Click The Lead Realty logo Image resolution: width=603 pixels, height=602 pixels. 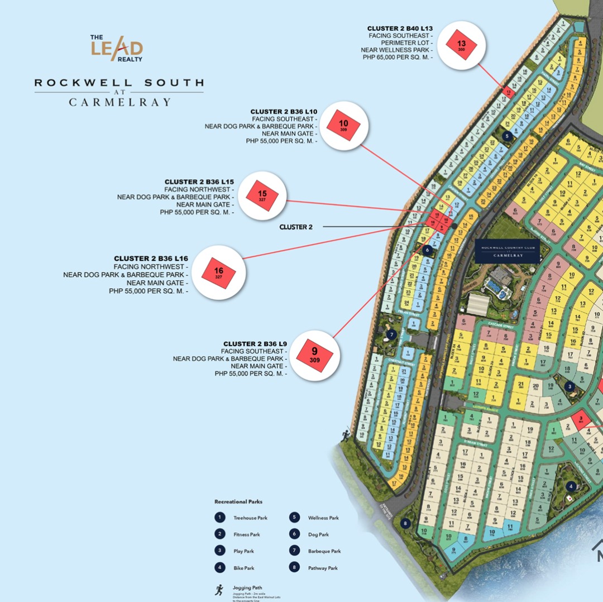click(x=117, y=49)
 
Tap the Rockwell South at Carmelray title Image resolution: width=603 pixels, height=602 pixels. click(x=119, y=92)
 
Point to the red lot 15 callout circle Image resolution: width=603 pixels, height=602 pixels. click(x=262, y=195)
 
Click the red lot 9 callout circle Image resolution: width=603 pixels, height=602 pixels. click(x=314, y=355)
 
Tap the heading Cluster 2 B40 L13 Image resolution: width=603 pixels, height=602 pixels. click(x=400, y=28)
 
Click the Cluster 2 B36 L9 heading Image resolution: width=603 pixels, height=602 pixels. click(x=255, y=343)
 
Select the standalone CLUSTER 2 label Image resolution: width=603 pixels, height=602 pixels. click(x=295, y=227)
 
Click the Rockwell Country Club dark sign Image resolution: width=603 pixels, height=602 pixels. click(x=507, y=251)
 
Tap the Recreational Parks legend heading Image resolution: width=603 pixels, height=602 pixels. click(x=238, y=501)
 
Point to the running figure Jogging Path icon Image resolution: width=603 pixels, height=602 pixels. click(x=219, y=590)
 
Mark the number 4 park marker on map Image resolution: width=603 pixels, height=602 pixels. click(x=571, y=486)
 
